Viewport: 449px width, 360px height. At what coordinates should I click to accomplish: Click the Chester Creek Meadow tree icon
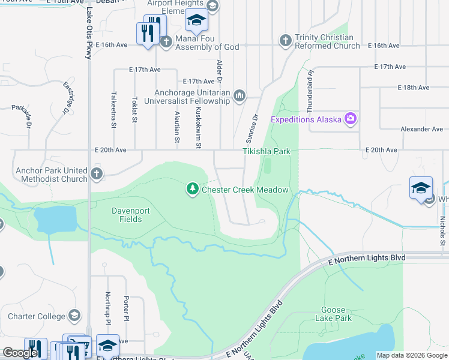pyautogui.click(x=193, y=190)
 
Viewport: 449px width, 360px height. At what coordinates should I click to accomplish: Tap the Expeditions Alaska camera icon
pyautogui.click(x=350, y=119)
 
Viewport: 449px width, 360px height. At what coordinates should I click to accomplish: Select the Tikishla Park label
pyautogui.click(x=267, y=152)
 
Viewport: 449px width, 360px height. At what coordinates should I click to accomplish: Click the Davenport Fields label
pyautogui.click(x=127, y=215)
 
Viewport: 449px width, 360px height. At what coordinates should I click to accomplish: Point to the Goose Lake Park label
pyautogui.click(x=333, y=314)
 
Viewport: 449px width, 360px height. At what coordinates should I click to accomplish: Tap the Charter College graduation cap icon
pyautogui.click(x=74, y=316)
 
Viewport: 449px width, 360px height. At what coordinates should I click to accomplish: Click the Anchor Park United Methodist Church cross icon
pyautogui.click(x=96, y=175)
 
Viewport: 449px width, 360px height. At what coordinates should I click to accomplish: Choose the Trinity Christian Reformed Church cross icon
pyautogui.click(x=286, y=40)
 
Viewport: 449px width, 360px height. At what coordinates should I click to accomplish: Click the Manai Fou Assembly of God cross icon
pyautogui.click(x=167, y=41)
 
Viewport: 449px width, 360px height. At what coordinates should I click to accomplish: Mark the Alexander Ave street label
pyautogui.click(x=422, y=129)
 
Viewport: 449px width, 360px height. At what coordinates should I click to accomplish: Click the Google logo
pyautogui.click(x=20, y=353)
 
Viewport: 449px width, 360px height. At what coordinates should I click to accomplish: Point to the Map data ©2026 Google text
pyautogui.click(x=411, y=355)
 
